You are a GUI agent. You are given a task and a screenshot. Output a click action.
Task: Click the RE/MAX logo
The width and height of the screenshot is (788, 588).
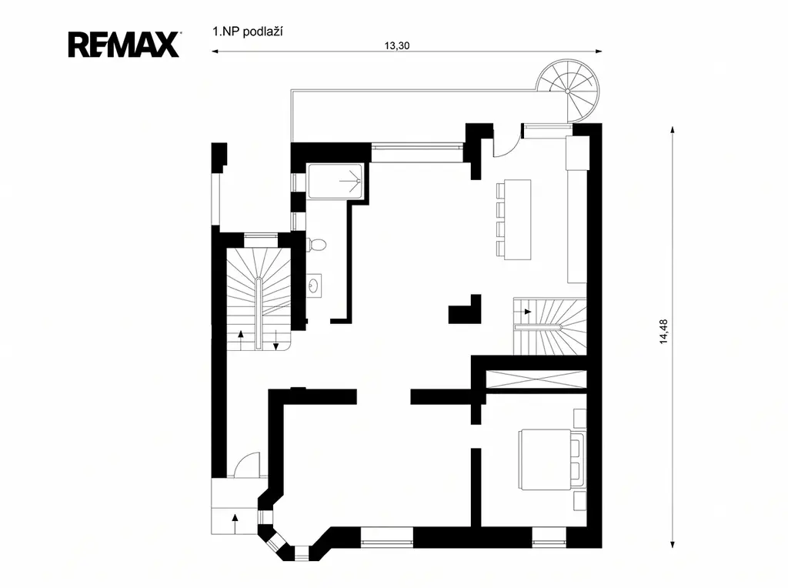click(124, 45)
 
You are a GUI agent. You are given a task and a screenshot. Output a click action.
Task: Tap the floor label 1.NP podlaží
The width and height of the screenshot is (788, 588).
click(248, 32)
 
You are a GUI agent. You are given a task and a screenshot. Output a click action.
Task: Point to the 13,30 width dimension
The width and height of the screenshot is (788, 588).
click(397, 45)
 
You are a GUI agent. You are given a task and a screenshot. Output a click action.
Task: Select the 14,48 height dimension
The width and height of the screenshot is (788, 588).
click(664, 332)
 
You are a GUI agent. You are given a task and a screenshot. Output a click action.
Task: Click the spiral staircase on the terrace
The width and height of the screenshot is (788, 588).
click(568, 91)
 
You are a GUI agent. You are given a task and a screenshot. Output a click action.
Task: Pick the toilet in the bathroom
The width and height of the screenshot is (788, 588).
click(316, 245)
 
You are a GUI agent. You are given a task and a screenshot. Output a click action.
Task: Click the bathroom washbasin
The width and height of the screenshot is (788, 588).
click(315, 286)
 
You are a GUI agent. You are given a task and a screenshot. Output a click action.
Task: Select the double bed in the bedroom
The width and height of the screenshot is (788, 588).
click(553, 459)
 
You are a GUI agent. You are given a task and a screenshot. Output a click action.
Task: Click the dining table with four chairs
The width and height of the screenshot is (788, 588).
click(513, 219)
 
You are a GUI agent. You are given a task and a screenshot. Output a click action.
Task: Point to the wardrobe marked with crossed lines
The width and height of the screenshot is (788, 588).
click(536, 379)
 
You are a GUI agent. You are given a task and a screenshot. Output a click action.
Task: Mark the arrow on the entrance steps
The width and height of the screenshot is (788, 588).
click(235, 524)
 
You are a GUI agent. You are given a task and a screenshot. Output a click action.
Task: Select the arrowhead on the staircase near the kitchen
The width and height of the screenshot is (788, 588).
click(528, 312)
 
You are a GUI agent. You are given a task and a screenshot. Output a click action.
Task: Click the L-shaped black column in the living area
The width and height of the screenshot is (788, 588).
click(465, 309)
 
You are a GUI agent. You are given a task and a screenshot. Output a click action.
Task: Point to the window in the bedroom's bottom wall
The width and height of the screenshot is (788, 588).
click(549, 543)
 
